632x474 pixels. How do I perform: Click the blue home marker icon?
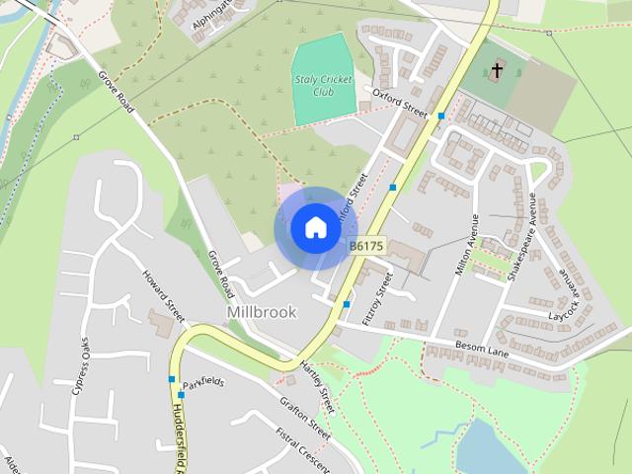[x=314, y=228]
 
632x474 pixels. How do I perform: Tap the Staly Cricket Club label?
[x=321, y=79]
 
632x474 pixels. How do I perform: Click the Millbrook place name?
[x=262, y=311]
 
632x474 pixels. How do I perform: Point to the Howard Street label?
[x=164, y=297]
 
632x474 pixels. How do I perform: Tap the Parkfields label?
[x=203, y=382]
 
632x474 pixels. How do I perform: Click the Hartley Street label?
[x=318, y=387]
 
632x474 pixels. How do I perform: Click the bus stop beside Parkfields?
[x=172, y=379]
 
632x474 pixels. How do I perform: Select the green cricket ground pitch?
[x=324, y=79]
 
